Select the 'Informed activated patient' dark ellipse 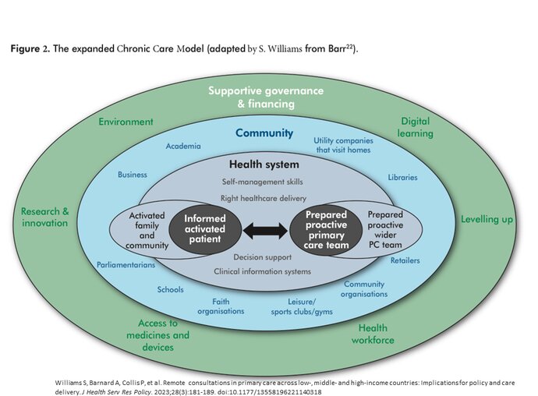point(204,229)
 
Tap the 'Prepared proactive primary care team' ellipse point(326,229)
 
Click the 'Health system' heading point(264,164)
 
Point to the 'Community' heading point(264,133)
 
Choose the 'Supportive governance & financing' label point(266,97)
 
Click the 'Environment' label point(126,122)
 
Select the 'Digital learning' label point(416,127)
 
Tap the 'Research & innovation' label point(44,217)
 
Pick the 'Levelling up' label point(487,219)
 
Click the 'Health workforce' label point(372,334)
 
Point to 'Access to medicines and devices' point(158,334)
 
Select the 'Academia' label point(183,146)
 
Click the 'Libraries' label point(402,177)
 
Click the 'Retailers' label point(405,260)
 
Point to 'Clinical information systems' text point(262,271)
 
